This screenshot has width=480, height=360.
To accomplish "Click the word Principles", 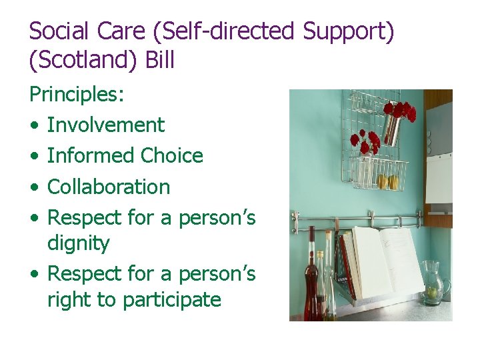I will [x=76, y=95].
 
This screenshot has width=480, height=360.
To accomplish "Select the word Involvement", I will [x=105, y=125].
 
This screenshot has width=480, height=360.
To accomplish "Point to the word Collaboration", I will [x=109, y=187].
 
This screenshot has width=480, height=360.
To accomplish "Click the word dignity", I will [x=78, y=243].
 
